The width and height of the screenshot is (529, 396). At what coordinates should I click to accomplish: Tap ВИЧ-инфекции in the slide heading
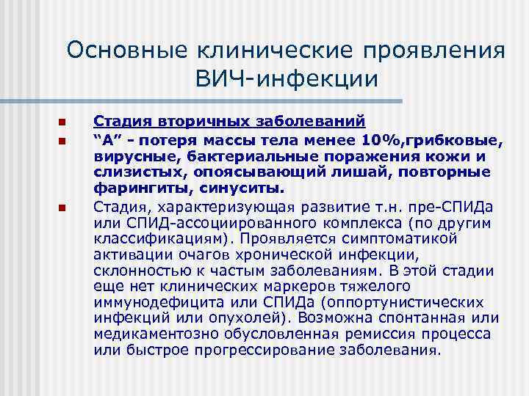pos(287,78)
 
